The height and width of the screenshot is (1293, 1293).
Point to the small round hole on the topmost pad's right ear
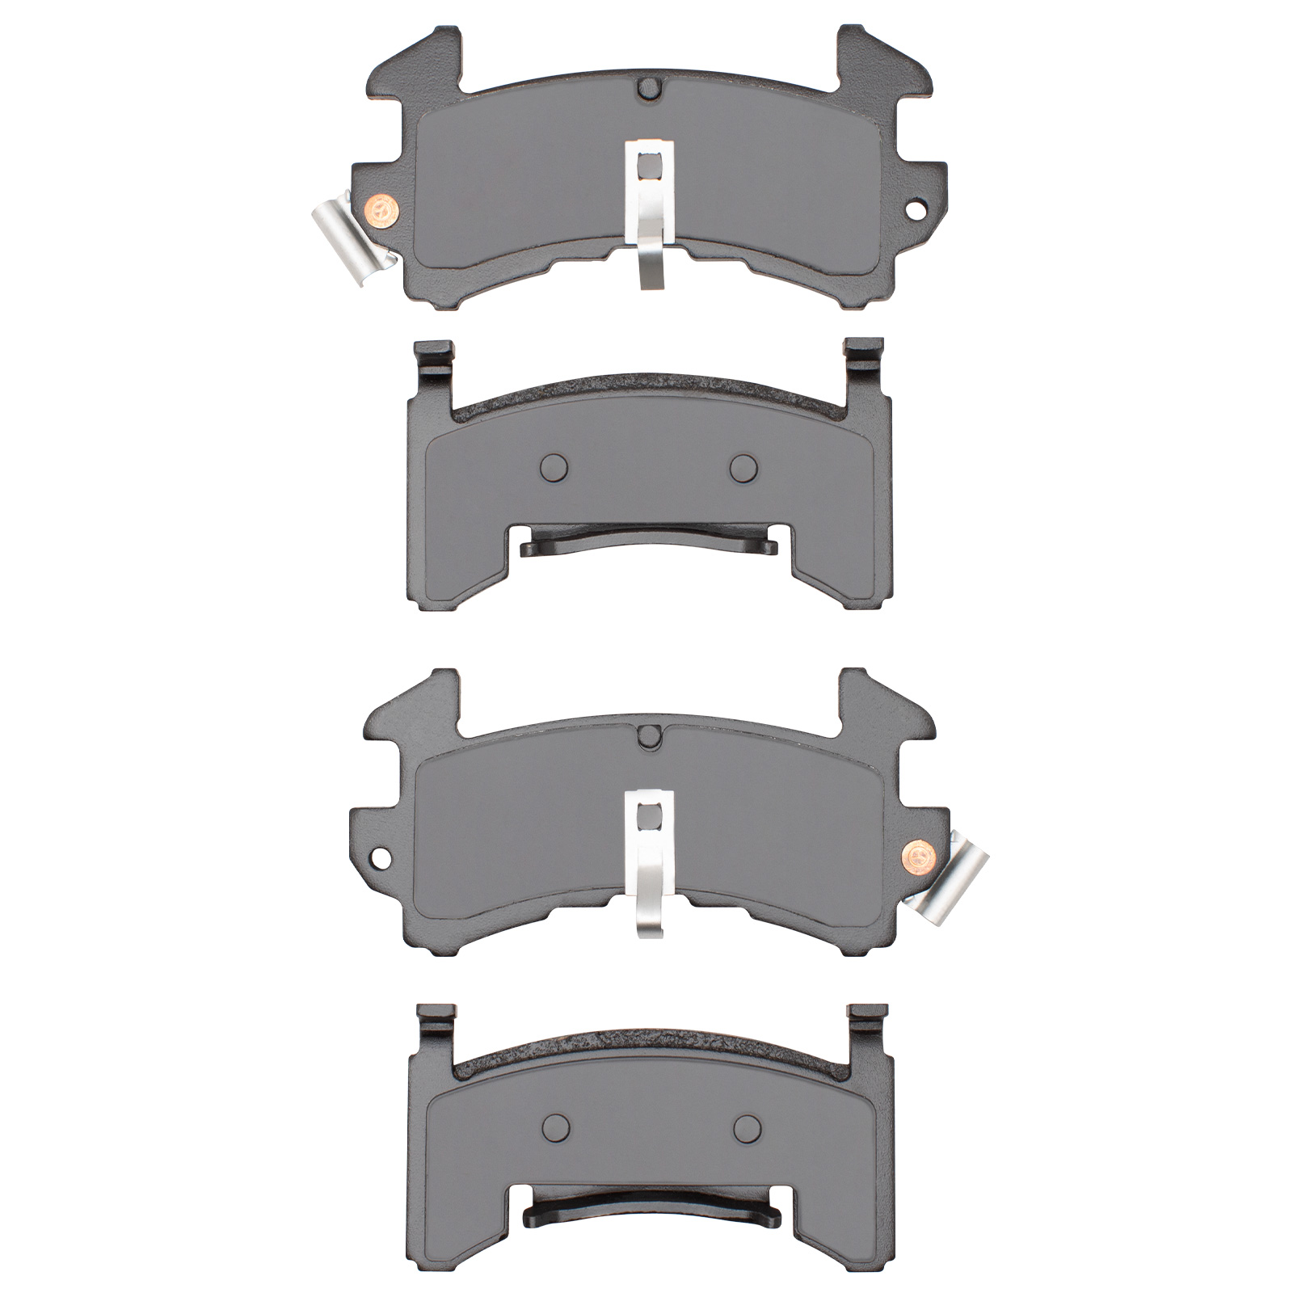[915, 208]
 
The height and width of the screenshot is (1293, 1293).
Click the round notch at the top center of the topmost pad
[649, 86]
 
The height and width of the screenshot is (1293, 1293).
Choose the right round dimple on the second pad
[743, 466]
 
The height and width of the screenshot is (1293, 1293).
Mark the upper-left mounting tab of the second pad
[433, 354]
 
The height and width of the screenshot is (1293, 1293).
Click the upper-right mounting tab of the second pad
[864, 352]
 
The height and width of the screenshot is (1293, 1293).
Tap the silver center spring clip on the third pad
[651, 861]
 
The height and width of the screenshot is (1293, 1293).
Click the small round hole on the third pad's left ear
[380, 855]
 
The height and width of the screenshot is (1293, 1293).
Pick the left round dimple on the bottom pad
[555, 1125]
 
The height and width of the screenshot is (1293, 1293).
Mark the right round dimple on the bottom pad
[748, 1125]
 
